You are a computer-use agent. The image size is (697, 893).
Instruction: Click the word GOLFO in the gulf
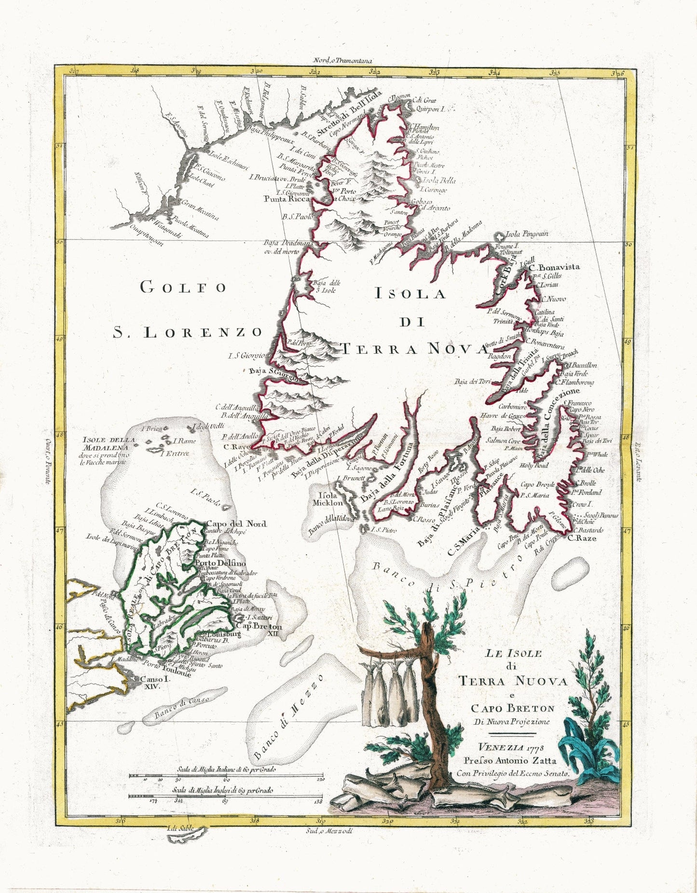click(x=183, y=287)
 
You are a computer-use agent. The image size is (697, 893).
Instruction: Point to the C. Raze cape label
click(x=582, y=538)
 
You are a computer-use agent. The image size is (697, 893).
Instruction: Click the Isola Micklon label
click(x=330, y=499)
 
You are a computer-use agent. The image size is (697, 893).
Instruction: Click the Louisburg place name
click(x=223, y=634)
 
